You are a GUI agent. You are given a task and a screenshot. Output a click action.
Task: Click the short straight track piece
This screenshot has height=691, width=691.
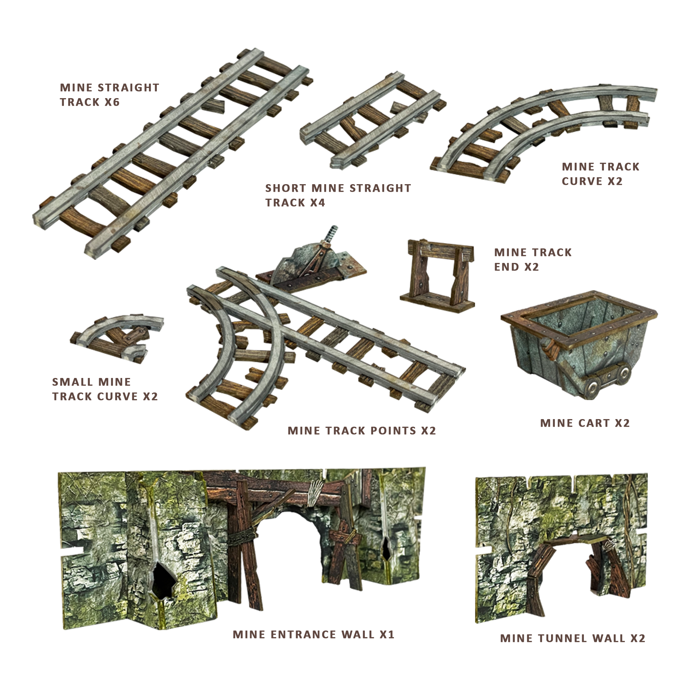pos(372,122)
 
